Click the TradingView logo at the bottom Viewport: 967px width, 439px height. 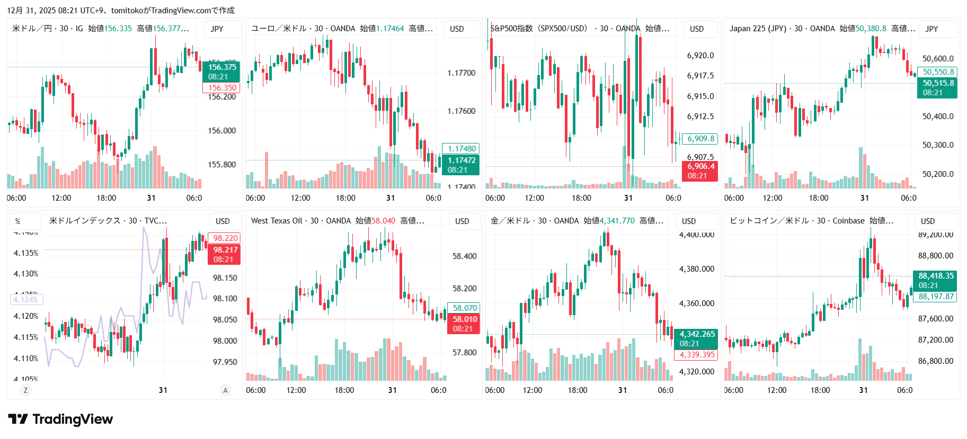(60, 419)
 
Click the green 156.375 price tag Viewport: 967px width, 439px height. (221, 71)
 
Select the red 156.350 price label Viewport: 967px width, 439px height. (221, 88)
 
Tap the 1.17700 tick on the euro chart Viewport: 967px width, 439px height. (461, 73)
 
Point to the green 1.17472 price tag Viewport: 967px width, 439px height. (460, 165)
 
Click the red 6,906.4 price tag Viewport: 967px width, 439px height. (700, 171)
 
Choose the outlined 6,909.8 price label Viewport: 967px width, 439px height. (700, 139)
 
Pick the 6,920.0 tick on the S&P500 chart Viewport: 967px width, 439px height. (700, 56)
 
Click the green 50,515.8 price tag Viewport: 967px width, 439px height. (937, 88)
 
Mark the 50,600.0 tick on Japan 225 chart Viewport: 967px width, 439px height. (938, 59)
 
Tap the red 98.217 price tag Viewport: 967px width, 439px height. (225, 254)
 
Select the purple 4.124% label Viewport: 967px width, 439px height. (26, 300)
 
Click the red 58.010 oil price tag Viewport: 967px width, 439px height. (464, 324)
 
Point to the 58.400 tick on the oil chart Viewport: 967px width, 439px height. (464, 256)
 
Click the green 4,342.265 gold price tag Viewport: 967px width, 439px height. (696, 338)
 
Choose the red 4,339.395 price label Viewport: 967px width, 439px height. (696, 355)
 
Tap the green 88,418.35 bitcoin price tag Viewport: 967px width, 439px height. (936, 280)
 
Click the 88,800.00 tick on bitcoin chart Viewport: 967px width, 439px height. (935, 256)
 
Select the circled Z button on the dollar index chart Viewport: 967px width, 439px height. (25, 390)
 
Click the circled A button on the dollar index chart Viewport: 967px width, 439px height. (225, 390)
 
